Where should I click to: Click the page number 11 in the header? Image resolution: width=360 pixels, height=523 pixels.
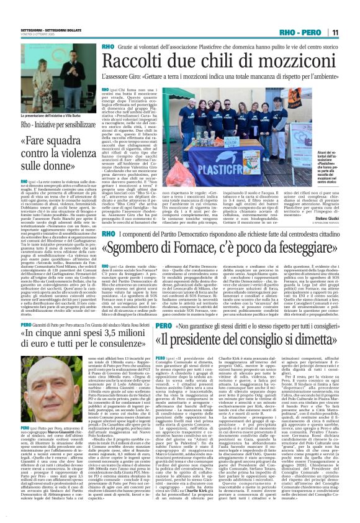click(x=351, y=32)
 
